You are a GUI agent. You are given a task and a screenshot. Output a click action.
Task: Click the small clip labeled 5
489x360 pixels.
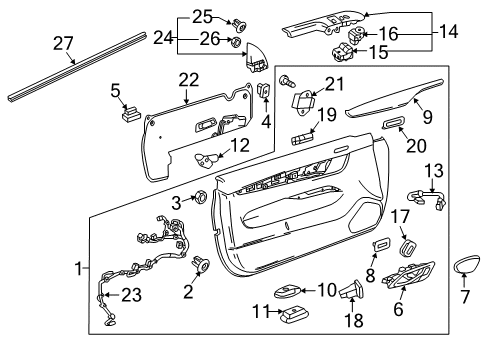pyautogui.click(x=129, y=110)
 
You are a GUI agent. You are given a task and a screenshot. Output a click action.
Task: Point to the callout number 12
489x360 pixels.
pyautogui.click(x=236, y=146)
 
